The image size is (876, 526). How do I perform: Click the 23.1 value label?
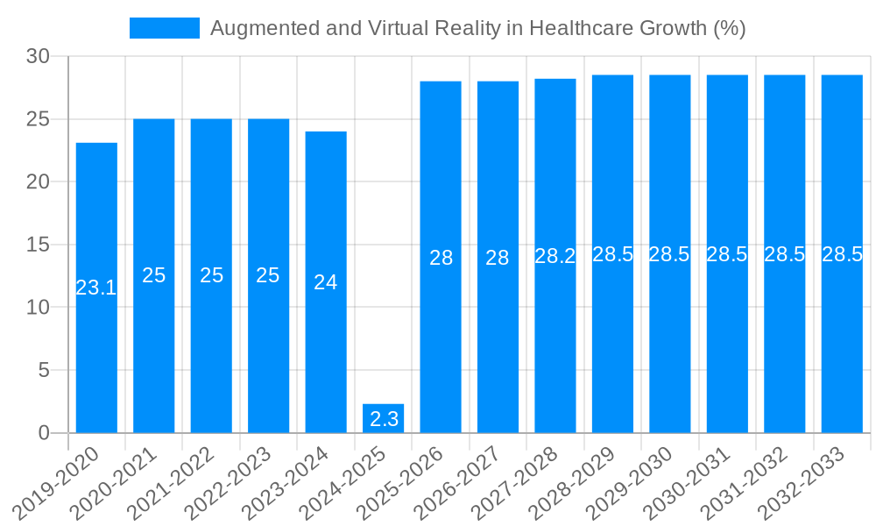(96, 288)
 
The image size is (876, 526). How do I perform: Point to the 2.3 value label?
(384, 419)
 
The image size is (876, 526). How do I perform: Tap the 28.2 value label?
(555, 256)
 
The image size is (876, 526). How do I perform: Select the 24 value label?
(326, 282)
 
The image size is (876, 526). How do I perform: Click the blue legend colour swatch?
(165, 28)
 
